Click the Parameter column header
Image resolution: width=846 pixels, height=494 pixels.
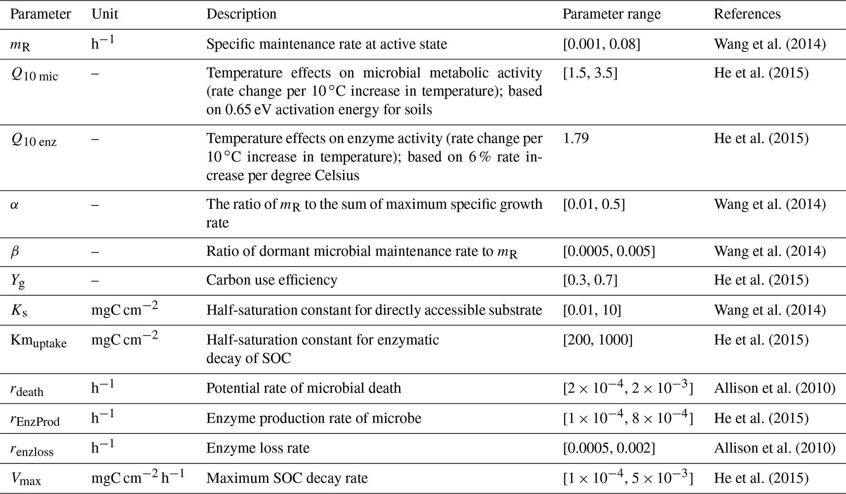[40, 14]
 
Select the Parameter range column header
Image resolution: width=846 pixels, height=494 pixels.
[611, 14]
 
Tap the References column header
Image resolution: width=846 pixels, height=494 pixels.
[747, 14]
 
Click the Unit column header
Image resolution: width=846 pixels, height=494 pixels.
[105, 14]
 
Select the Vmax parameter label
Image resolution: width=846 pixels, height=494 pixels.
[25, 479]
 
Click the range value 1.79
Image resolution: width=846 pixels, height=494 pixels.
[576, 138]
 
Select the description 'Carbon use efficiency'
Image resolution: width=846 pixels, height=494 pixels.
[272, 280]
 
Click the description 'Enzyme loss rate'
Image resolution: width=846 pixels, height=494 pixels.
[258, 448]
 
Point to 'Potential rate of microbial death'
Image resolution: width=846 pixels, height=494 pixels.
[304, 388]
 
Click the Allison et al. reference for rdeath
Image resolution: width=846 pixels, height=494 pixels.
[774, 388]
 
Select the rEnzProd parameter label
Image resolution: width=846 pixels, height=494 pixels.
[35, 420]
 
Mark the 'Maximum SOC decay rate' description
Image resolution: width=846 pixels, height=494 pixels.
[287, 478]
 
